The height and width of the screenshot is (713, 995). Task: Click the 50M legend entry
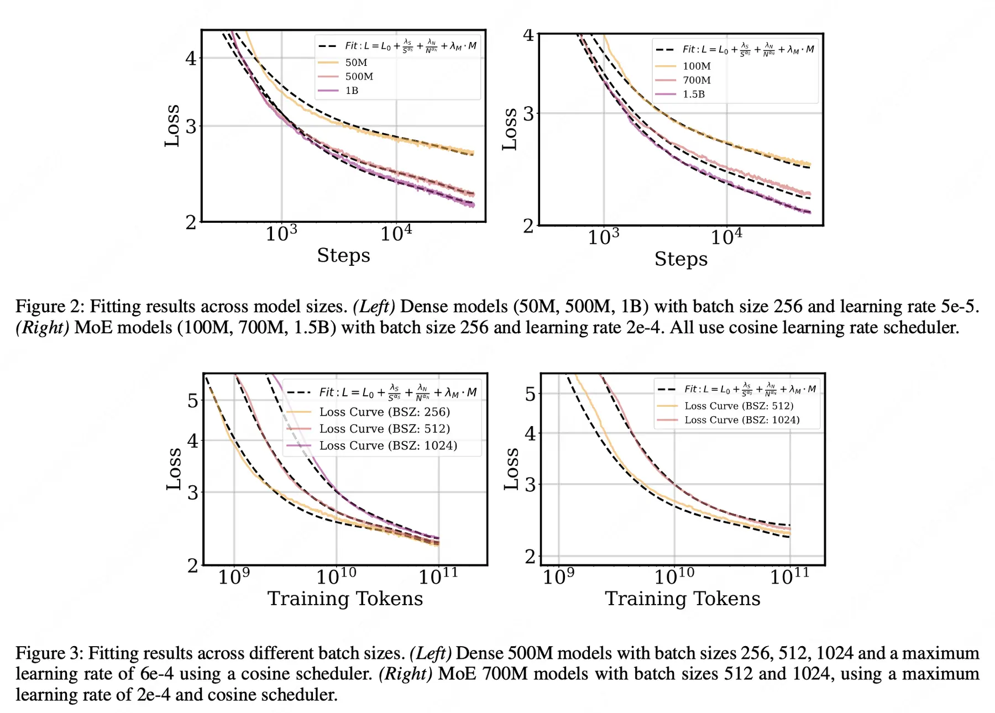pyautogui.click(x=356, y=62)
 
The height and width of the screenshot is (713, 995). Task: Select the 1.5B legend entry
pyautogui.click(x=693, y=94)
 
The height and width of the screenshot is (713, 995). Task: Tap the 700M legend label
pyautogui.click(x=696, y=80)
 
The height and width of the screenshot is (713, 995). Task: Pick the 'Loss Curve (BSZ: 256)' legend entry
pyautogui.click(x=384, y=412)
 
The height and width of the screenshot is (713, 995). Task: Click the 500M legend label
pyautogui.click(x=359, y=76)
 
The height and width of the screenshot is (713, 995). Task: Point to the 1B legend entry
pyautogui.click(x=352, y=90)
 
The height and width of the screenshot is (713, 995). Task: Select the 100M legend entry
pyautogui.click(x=696, y=66)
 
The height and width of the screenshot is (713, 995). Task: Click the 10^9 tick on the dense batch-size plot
pyautogui.click(x=233, y=576)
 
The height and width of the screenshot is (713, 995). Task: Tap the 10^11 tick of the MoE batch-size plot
pyautogui.click(x=789, y=576)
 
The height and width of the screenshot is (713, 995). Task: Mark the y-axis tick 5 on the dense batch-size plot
pyautogui.click(x=192, y=401)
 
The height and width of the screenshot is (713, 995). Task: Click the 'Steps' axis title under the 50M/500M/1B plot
pyautogui.click(x=343, y=255)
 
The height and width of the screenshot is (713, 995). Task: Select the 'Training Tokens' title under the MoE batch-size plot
pyautogui.click(x=683, y=599)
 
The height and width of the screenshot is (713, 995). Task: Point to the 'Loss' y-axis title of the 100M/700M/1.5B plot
pyautogui.click(x=510, y=129)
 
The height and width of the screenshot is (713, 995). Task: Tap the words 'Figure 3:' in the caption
pyautogui.click(x=49, y=653)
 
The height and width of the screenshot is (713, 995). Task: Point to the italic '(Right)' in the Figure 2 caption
pyautogui.click(x=43, y=327)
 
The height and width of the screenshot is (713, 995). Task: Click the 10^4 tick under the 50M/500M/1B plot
pyautogui.click(x=396, y=234)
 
